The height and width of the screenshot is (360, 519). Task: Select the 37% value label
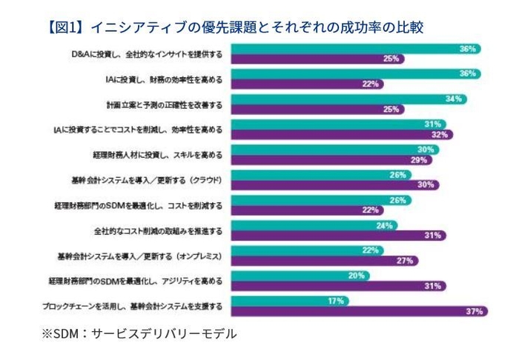click(475, 311)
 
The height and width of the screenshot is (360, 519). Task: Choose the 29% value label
click(420, 159)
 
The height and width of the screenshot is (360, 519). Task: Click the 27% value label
click(404, 260)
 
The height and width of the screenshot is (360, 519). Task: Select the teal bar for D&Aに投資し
click(356, 49)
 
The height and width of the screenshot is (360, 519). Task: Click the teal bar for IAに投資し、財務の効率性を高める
click(356, 74)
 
